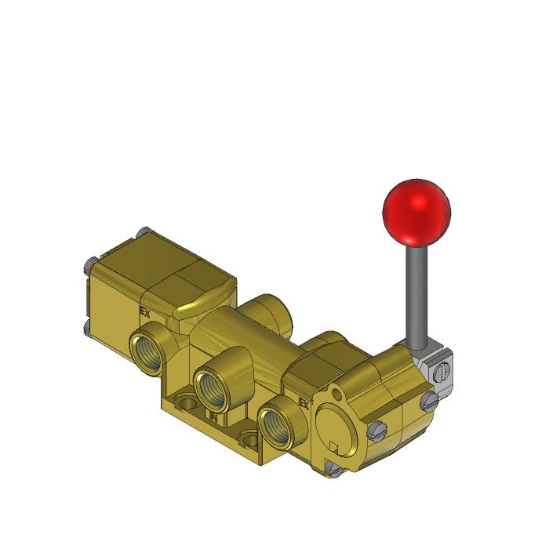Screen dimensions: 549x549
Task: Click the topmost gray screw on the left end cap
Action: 140,232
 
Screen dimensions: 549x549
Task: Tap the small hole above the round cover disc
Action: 338,391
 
